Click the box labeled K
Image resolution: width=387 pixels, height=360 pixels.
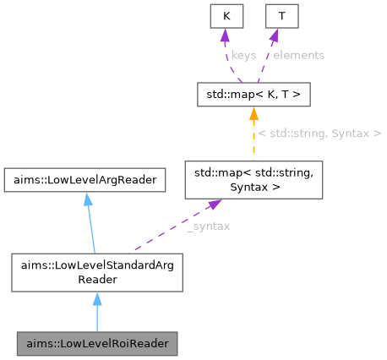(x=226, y=16)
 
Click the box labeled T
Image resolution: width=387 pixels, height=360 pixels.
(x=281, y=16)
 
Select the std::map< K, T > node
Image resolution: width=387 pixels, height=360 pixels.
(x=253, y=94)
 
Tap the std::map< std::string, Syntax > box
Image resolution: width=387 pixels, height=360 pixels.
(x=253, y=180)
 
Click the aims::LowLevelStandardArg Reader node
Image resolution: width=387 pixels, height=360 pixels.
(x=96, y=271)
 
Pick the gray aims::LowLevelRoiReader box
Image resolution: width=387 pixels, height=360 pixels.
(x=96, y=344)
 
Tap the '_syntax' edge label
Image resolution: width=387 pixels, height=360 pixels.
(x=207, y=226)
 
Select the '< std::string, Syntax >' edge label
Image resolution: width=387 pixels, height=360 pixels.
(x=319, y=134)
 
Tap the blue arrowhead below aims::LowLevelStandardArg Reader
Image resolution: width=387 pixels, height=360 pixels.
(x=96, y=299)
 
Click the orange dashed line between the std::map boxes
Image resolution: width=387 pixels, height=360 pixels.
(x=253, y=139)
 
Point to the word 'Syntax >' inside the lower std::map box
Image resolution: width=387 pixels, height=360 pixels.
(x=253, y=187)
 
